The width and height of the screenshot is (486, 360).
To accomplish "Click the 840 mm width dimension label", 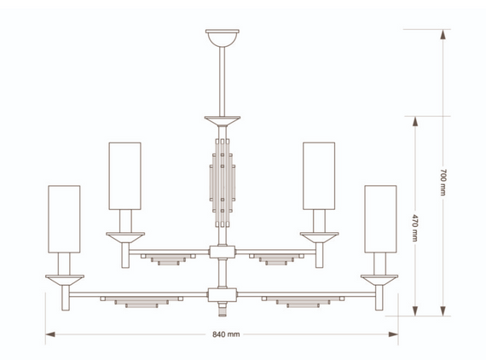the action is coord(226,334).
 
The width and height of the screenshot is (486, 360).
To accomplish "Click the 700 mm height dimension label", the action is coord(443,183).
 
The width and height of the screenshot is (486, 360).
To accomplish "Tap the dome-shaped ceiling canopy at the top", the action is coord(223,38).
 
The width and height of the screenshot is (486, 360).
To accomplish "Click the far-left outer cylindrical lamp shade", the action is coord(64,219).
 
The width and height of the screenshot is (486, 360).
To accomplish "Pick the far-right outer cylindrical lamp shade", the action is coord(380,219).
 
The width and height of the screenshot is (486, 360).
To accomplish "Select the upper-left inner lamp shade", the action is coord(124,176).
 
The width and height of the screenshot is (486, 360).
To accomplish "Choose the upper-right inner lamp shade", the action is coord(319,176).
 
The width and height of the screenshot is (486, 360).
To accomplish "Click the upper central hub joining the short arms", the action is coord(223,252).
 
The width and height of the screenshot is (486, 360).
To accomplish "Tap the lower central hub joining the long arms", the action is coord(223,294).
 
